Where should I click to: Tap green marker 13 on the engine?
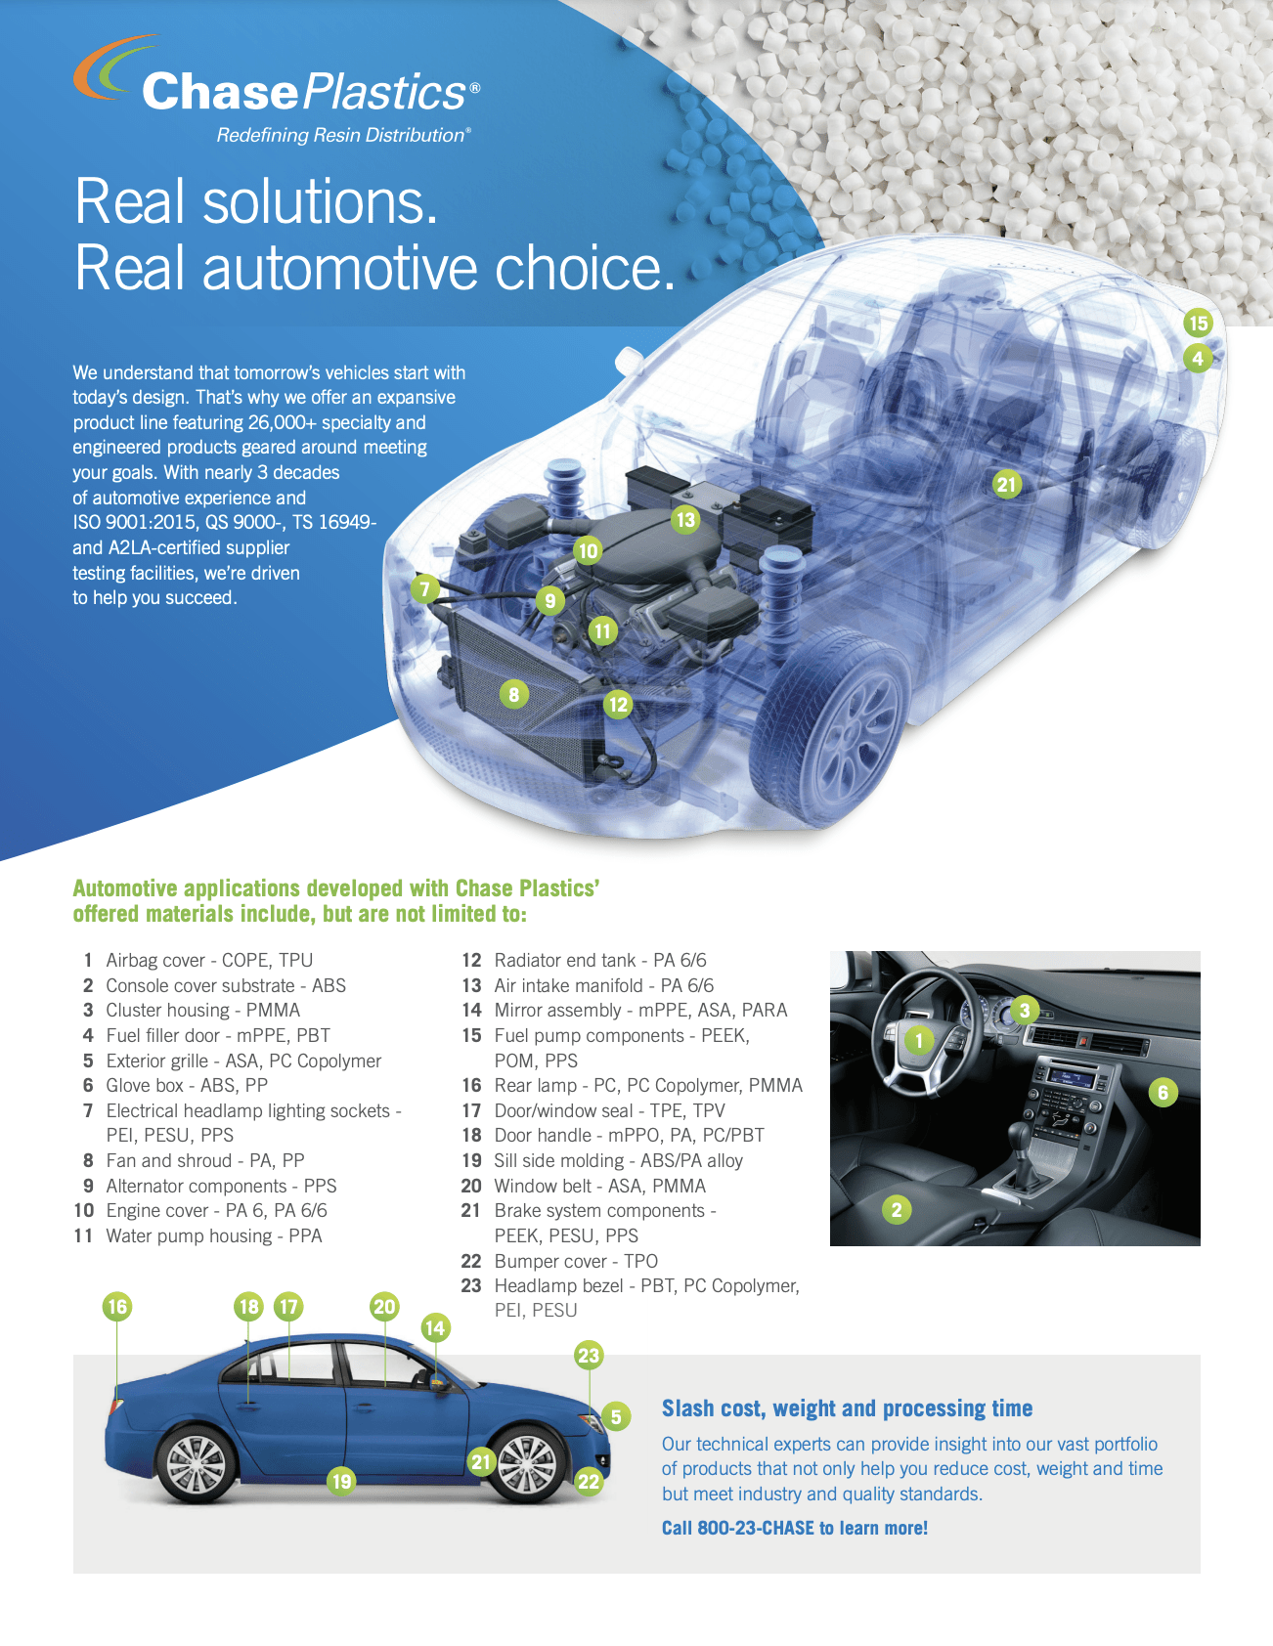tap(685, 519)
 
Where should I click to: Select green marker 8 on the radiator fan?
tap(514, 694)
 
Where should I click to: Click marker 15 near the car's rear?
tap(1198, 323)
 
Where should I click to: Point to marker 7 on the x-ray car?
tap(424, 588)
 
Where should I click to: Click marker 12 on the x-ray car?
tap(618, 704)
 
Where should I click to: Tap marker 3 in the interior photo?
tap(1024, 1010)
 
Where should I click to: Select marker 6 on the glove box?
tap(1163, 1092)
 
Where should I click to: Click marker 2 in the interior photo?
tap(897, 1210)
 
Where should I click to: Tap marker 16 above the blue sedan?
tap(117, 1307)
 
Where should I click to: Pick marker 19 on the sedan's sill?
tap(341, 1481)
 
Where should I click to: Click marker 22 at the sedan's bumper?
tap(589, 1481)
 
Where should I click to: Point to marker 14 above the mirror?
tap(435, 1327)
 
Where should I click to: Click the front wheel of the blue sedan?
tap(528, 1464)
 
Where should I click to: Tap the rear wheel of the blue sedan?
tap(197, 1464)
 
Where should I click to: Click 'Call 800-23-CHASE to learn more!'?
tap(794, 1528)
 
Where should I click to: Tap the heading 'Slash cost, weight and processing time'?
tap(847, 1408)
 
